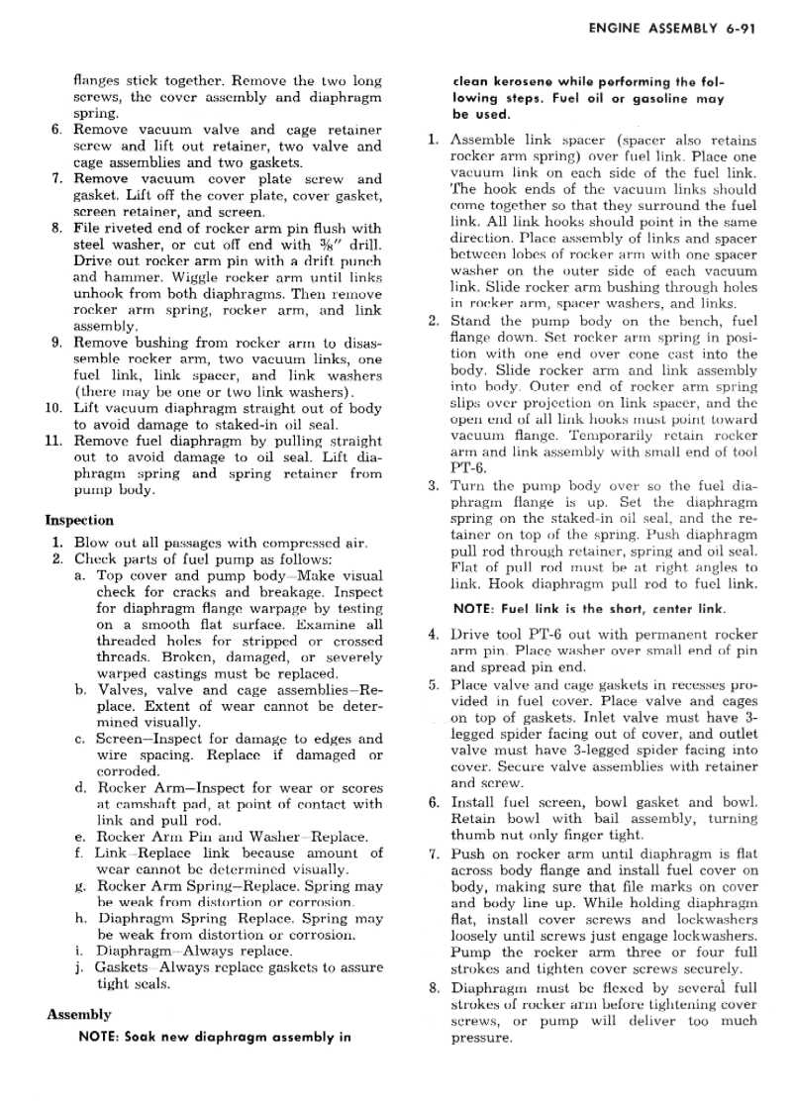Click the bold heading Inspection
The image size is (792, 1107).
(79, 520)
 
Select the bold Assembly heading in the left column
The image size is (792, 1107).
(78, 1014)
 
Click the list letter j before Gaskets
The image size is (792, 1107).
(79, 966)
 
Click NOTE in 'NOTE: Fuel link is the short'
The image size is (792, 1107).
(475, 608)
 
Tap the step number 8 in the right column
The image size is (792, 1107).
(434, 987)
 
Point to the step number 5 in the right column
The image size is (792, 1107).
(434, 684)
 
